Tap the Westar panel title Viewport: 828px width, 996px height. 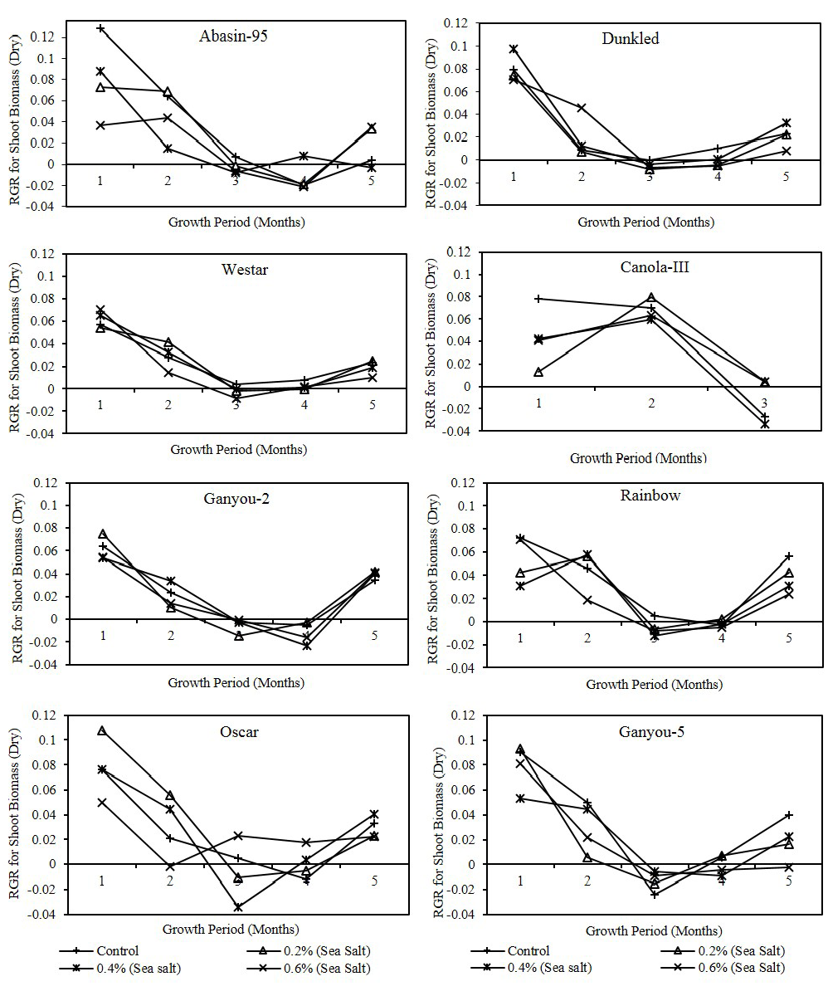[222, 270]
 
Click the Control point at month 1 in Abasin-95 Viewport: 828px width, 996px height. [101, 28]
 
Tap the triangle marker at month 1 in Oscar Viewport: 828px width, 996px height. [102, 731]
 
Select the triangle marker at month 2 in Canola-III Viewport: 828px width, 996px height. [651, 297]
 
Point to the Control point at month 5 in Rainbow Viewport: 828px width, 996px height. [789, 556]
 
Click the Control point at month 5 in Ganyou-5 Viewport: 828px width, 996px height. [789, 815]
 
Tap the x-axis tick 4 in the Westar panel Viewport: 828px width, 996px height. [304, 404]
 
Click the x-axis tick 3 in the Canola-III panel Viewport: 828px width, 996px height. [764, 403]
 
